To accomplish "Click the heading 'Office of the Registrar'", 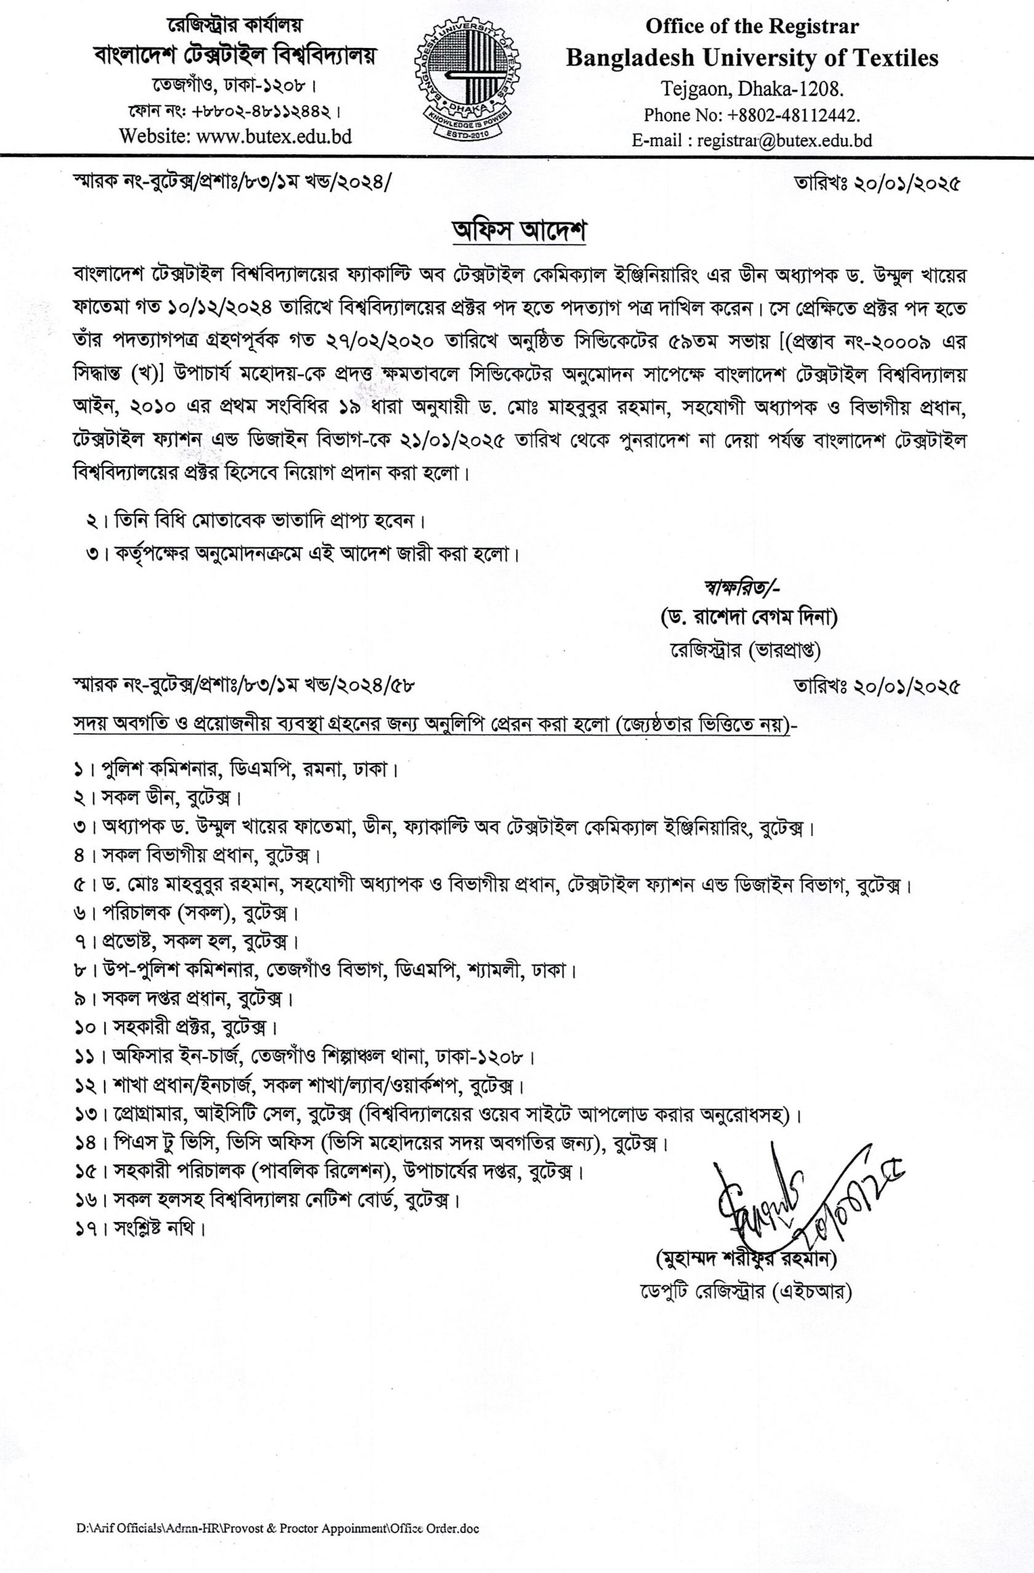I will click(752, 26).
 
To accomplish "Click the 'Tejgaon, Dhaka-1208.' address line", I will click(752, 88).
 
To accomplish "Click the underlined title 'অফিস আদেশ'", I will click(517, 233).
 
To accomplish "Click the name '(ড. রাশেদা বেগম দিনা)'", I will click(749, 618).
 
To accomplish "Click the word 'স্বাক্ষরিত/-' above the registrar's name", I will click(744, 585).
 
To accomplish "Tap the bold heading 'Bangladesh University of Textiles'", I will click(752, 58).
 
